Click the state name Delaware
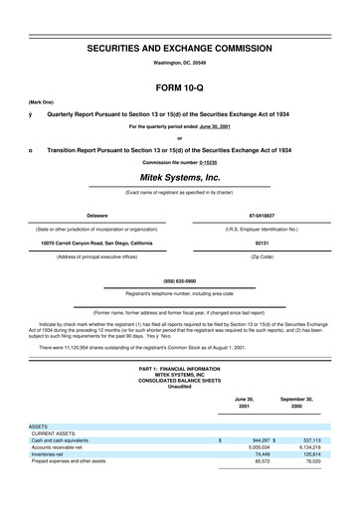(97, 215)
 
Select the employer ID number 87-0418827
(262, 215)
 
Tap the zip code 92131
(262, 243)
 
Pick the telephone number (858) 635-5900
(179, 280)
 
